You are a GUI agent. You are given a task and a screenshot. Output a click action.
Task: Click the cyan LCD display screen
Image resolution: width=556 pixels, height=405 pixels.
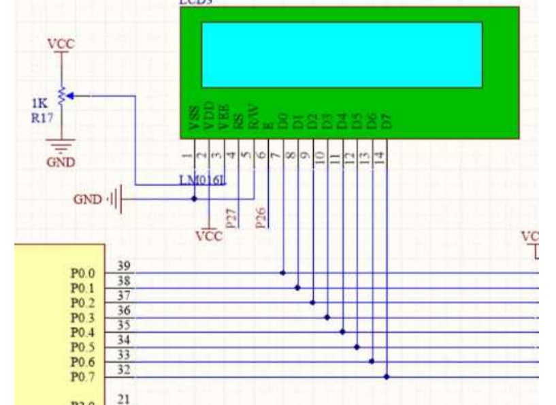click(342, 54)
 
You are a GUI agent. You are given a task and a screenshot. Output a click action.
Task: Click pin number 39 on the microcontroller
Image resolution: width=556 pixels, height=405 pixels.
click(124, 265)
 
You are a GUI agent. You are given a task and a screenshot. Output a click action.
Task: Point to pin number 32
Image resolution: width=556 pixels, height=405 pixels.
click(124, 370)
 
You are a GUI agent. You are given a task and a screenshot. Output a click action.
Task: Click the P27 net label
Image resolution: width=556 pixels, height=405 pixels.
click(231, 218)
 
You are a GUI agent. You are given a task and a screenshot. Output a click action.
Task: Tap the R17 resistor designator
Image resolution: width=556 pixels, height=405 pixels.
click(42, 116)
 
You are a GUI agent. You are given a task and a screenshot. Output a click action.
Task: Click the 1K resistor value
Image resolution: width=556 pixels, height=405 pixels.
click(39, 104)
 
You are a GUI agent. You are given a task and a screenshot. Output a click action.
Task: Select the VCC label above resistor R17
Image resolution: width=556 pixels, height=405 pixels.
click(61, 44)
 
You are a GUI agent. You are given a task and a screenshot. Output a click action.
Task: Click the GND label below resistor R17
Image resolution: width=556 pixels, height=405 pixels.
click(61, 163)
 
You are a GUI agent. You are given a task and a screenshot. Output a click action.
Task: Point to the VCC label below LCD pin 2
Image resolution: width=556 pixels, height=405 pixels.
click(209, 237)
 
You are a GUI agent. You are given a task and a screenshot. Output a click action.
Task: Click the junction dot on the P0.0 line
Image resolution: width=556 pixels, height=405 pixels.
click(282, 273)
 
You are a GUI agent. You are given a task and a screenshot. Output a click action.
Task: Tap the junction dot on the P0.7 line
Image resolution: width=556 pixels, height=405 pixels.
click(387, 376)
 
